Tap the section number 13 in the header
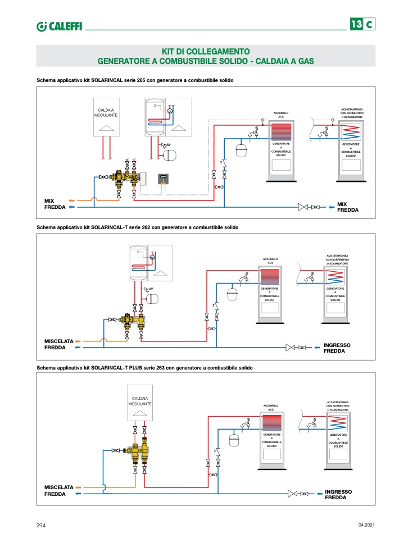[356, 25]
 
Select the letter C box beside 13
[369, 25]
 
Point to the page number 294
[40, 525]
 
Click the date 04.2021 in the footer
[366, 525]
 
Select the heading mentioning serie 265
[135, 80]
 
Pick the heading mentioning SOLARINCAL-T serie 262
[137, 227]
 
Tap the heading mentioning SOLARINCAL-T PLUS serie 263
[144, 368]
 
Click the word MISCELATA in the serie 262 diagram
[58, 341]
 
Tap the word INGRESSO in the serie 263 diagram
[338, 491]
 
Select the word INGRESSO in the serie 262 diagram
[337, 344]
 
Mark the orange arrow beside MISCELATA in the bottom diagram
[79, 487]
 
